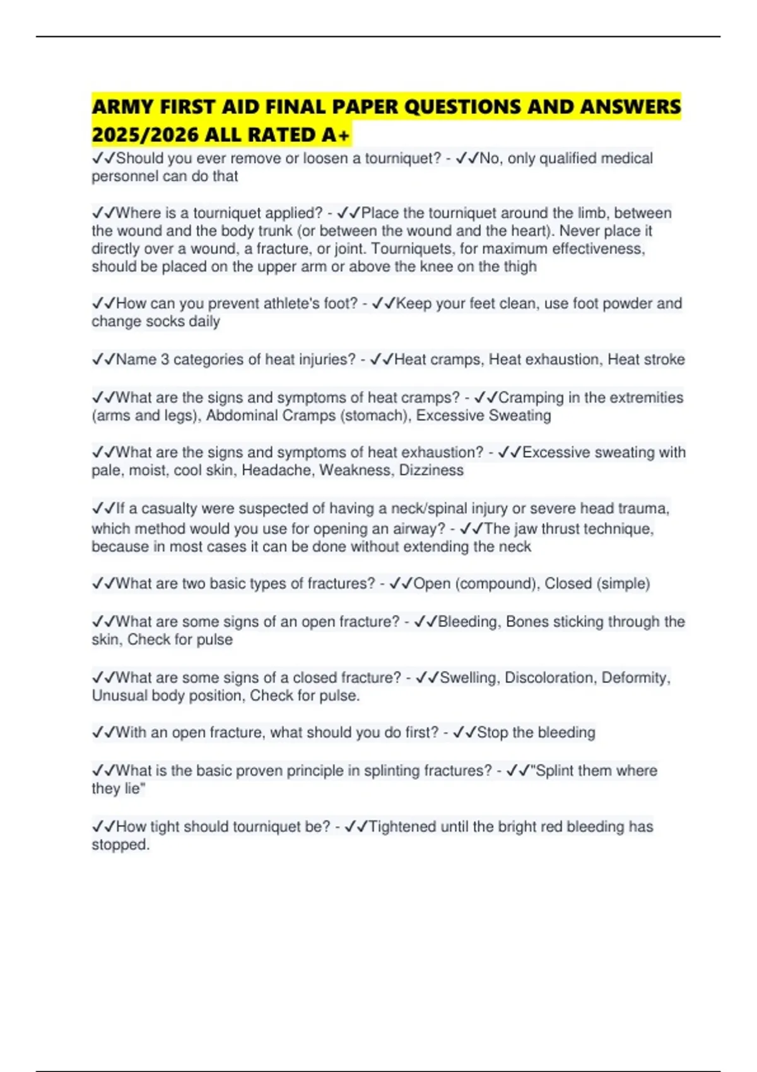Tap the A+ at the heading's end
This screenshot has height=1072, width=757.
coord(335,135)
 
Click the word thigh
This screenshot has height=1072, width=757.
coord(520,267)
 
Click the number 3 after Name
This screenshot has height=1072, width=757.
coord(165,359)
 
